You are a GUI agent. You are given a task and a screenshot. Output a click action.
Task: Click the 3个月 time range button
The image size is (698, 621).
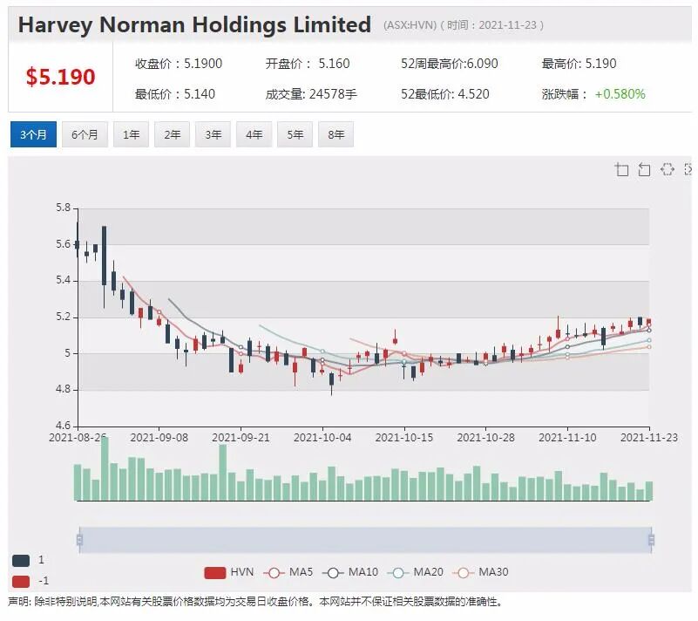pos(33,134)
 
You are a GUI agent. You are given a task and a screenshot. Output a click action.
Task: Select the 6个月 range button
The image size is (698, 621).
pos(85,134)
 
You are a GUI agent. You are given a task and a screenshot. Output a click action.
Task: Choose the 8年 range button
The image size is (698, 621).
pos(336,134)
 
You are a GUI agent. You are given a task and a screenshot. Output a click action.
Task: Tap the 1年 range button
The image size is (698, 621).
pos(132,134)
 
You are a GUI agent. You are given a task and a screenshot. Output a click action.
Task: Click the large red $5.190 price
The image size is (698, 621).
pos(60,77)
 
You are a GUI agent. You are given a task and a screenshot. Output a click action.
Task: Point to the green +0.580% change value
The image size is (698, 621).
pos(620,94)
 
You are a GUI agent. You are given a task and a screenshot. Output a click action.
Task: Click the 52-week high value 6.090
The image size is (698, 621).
pos(482,64)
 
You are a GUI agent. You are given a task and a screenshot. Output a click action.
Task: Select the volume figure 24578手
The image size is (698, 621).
pos(333,94)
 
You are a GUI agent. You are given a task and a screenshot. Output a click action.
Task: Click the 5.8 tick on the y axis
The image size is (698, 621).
pos(64,208)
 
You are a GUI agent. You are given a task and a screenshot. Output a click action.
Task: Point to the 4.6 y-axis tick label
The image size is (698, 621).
pos(64,426)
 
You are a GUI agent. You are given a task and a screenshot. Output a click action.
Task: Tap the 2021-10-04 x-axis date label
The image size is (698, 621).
pos(322,438)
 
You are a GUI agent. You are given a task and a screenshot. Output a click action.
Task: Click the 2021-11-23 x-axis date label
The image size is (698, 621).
pos(649,438)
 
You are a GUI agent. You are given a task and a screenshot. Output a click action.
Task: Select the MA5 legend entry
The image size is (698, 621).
pos(288,572)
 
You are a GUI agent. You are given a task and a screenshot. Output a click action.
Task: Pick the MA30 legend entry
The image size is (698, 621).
pos(480,572)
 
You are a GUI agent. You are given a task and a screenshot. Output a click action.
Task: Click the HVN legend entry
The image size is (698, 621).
pos(229,572)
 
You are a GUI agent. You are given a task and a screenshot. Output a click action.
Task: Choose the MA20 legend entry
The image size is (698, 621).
pos(416,572)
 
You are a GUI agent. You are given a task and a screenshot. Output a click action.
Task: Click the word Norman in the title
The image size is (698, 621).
pos(142,24)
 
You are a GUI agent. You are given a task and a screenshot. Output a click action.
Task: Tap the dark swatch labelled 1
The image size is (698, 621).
pos(21,561)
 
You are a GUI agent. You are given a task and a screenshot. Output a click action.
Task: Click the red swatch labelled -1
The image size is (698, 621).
pos(21,582)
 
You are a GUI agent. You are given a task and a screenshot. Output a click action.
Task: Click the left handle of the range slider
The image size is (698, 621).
pos(79,540)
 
